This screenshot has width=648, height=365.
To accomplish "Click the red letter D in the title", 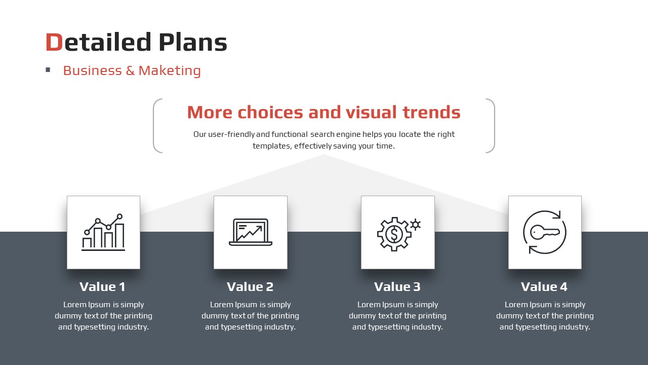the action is (54, 42).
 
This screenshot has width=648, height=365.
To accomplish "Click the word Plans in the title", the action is (193, 42).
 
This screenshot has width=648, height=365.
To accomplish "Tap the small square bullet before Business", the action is (48, 69).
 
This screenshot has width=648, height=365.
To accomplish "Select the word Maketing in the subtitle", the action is (170, 70).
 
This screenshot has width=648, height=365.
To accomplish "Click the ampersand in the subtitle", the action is (130, 70).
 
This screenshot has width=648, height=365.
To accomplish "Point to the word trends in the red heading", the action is (431, 112).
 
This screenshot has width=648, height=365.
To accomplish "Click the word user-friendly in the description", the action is (231, 134).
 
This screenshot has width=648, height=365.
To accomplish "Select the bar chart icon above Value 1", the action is (103, 232).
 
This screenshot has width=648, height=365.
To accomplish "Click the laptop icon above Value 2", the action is (251, 232).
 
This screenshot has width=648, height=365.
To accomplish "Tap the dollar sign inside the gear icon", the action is (394, 234).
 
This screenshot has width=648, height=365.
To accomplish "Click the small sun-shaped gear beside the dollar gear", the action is (416, 225).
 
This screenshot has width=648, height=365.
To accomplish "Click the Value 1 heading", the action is (102, 287).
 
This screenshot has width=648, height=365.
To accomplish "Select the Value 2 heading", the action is (250, 287).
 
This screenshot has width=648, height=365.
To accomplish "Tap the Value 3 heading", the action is (397, 287).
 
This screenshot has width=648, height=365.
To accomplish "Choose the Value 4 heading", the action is (544, 287).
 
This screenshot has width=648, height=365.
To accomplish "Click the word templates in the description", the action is (272, 146).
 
